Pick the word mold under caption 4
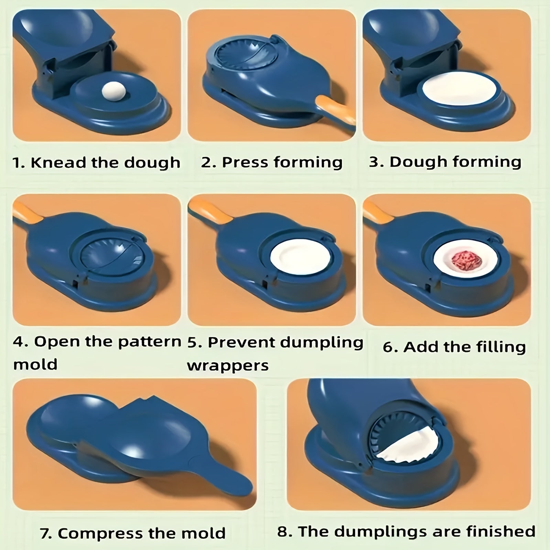point(35,364)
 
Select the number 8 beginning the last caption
point(282,531)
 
